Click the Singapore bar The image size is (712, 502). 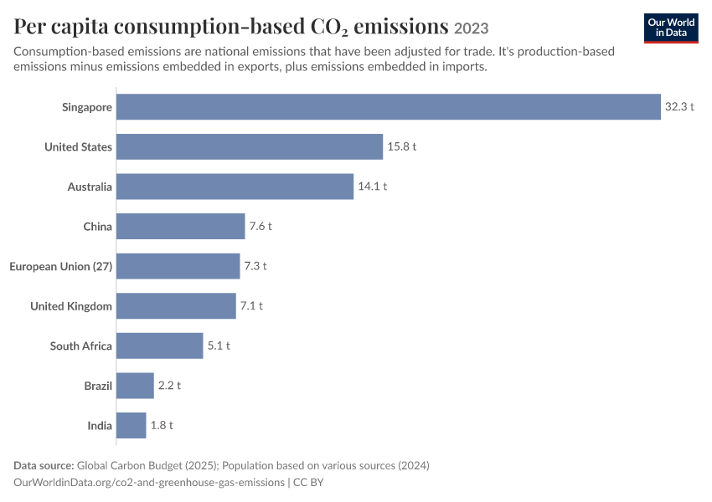tap(388, 107)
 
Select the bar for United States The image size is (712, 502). tap(250, 146)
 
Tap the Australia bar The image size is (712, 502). tap(235, 187)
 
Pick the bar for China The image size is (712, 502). tap(180, 226)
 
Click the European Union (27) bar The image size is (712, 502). tap(178, 266)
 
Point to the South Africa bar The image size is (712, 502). tap(159, 346)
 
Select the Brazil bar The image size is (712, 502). tap(135, 386)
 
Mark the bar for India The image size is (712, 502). tap(132, 425)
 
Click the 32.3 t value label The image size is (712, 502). tap(679, 106)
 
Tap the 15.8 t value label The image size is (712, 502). tap(402, 146)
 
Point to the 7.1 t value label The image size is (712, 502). tap(251, 305)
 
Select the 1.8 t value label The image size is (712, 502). tap(162, 425)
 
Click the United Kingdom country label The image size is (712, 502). tap(71, 306)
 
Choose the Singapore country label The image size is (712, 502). tap(87, 107)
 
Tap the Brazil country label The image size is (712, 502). tap(98, 386)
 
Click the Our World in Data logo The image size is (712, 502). tap(671, 28)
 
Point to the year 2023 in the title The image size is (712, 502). tap(472, 28)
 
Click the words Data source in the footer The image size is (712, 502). tap(44, 466)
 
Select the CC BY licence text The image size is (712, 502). tap(308, 483)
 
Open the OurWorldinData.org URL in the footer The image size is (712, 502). tap(149, 483)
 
